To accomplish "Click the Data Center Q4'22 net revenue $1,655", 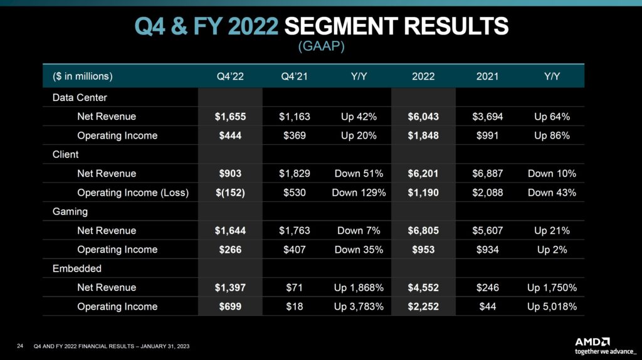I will pos(229,117).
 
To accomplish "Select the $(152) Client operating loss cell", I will pos(229,193).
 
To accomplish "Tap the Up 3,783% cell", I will pos(359,307).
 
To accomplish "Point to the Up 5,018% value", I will pos(552,307).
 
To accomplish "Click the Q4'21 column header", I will pos(294,77).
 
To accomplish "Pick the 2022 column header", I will pos(423,77).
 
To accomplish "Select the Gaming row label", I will pos(70,212).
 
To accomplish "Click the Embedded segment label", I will pos(75,268).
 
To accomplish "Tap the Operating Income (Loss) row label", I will pos(133,193).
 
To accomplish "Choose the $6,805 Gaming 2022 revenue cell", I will pos(423,231).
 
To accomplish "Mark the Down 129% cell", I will pos(359,193).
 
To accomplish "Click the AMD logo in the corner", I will pos(592,342).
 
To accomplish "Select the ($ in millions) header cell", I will pos(82,77).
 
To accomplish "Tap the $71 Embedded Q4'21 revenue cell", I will pos(294,287).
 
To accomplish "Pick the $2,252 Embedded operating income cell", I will pos(423,307).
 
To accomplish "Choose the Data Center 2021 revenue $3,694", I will pos(487,117).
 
